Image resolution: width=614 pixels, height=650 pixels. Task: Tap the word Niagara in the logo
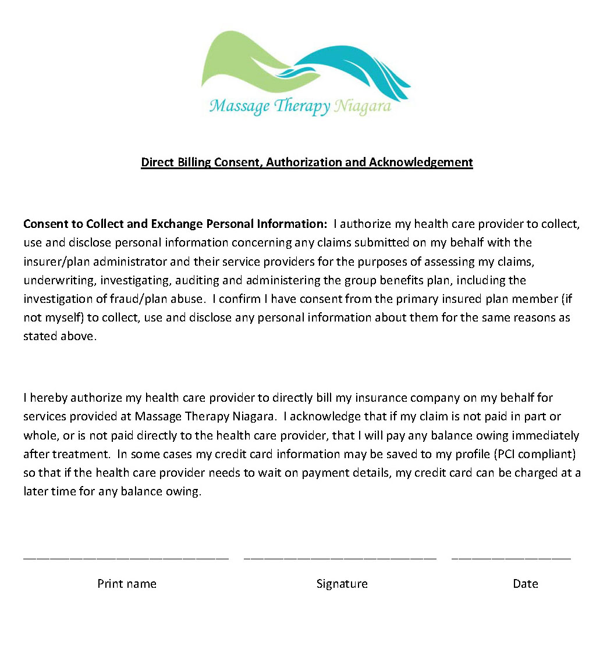363,107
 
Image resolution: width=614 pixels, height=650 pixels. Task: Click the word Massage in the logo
239,107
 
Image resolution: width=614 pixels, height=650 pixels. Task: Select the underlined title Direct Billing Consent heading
307,162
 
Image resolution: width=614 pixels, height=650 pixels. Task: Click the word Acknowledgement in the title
420,162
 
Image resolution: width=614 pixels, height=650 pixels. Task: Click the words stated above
58,336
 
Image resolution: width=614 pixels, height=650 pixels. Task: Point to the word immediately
545,435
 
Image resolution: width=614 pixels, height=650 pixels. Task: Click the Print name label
127,584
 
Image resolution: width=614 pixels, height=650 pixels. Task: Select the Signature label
342,584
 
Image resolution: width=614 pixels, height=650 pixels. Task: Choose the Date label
525,584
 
